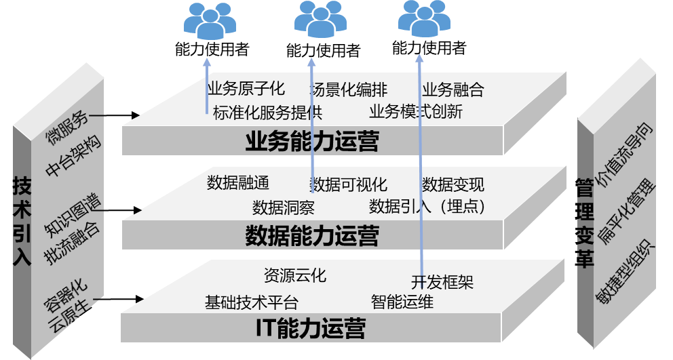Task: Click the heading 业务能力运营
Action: [312, 142]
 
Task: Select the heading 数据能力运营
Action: [312, 236]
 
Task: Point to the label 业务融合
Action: [453, 89]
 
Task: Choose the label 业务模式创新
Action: [416, 112]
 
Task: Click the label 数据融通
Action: [238, 183]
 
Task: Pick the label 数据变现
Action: [453, 184]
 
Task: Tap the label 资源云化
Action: [294, 275]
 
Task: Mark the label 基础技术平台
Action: [251, 302]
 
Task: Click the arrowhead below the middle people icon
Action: [312, 62]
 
